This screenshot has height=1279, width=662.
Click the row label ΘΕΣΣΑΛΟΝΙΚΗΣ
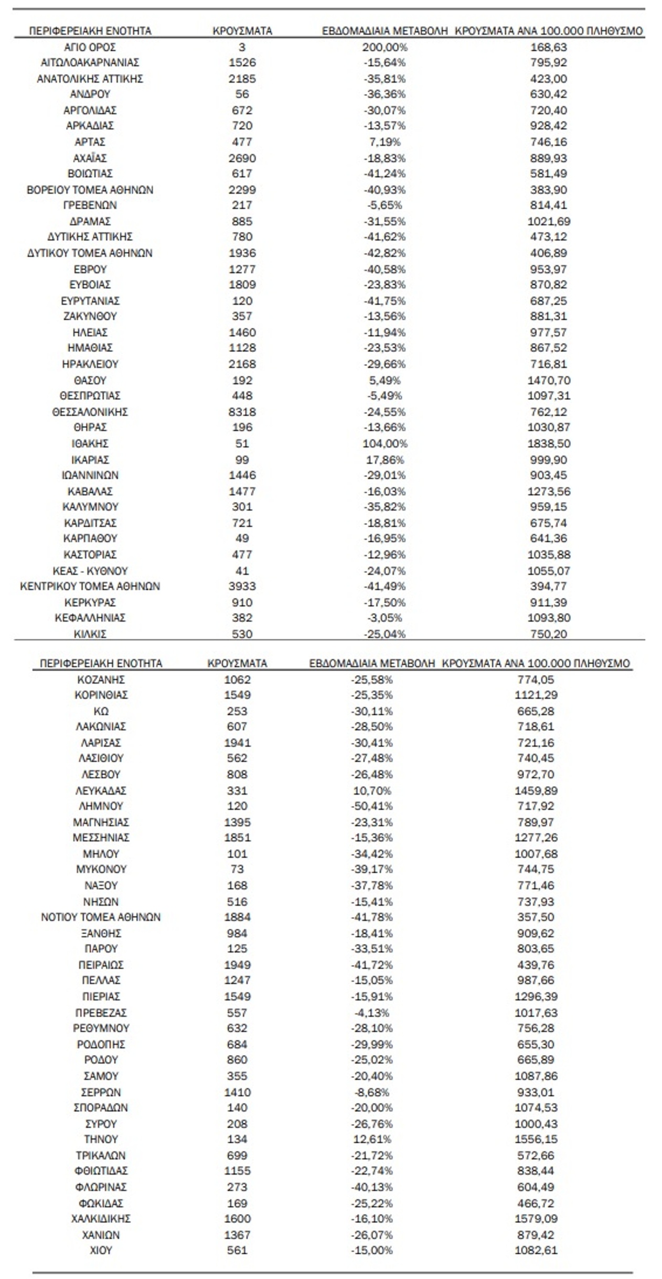coord(90,411)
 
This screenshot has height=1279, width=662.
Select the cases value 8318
coord(242,411)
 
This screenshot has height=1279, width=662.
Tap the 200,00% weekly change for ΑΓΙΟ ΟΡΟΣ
coord(385,47)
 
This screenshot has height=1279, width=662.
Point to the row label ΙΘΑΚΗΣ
coord(90,443)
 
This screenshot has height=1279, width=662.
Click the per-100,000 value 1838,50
coord(549,443)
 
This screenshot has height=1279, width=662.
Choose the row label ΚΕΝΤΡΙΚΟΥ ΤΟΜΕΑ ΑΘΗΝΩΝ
coord(90,586)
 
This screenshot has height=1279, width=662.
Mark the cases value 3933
coord(242,586)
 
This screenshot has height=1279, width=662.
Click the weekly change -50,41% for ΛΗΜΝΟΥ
coord(371,806)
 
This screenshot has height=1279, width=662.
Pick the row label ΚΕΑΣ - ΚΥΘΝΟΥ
coord(90,571)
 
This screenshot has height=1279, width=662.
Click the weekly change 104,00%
coord(385,443)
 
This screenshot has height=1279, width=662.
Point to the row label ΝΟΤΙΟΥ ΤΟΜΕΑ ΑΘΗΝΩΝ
coord(101,917)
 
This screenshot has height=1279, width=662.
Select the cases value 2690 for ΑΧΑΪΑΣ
coord(242,158)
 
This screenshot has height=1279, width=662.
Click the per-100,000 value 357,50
coord(536,917)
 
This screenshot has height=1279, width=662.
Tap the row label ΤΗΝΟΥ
coord(101,1139)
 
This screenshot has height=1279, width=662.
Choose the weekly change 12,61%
coord(371,1139)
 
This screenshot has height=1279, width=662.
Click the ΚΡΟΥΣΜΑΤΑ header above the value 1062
coord(237,663)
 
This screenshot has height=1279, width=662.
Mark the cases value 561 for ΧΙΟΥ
coord(237,1250)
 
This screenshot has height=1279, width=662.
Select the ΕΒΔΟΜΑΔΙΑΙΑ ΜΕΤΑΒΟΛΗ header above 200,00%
coord(385,31)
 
